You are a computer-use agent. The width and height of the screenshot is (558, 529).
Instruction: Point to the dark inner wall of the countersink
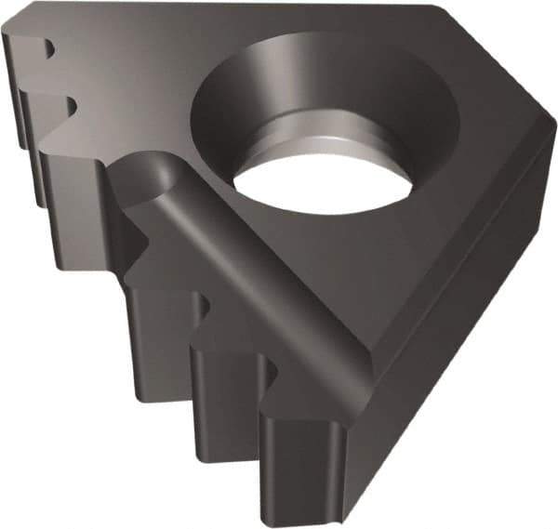232,112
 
